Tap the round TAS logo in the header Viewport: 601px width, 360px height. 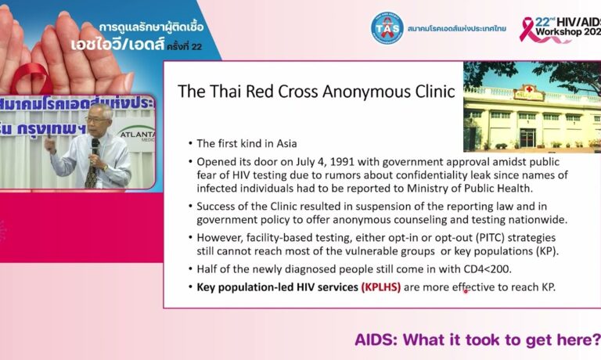pos(387,27)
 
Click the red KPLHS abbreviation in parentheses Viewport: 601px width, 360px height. pos(380,287)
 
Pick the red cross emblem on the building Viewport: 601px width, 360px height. pos(530,90)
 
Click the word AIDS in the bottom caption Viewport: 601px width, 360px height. pos(376,340)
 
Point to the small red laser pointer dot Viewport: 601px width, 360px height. pos(466,291)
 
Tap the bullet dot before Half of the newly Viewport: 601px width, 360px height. pos(190,268)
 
